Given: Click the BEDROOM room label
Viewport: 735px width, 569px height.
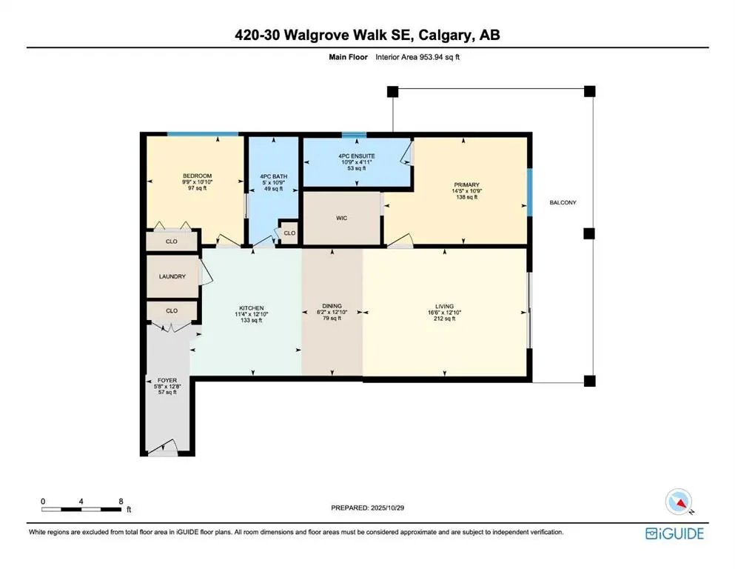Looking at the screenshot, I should pyautogui.click(x=198, y=176).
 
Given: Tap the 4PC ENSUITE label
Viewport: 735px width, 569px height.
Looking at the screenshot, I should pyautogui.click(x=358, y=156).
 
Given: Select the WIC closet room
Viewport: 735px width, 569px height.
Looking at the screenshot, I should pyautogui.click(x=341, y=218).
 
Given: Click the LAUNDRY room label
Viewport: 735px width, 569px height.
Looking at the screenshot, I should pyautogui.click(x=172, y=276).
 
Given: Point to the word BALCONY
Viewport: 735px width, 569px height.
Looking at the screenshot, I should pyautogui.click(x=563, y=202).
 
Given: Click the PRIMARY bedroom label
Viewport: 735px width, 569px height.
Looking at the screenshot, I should pyautogui.click(x=467, y=184).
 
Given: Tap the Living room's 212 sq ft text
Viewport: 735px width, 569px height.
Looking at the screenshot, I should pyautogui.click(x=444, y=319).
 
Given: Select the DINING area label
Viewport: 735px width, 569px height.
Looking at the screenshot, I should pyautogui.click(x=332, y=306).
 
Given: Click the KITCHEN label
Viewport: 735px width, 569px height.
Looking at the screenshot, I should pyautogui.click(x=251, y=308).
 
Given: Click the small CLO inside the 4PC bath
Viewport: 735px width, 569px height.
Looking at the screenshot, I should pyautogui.click(x=289, y=233).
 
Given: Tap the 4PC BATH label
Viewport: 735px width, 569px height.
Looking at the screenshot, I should pyautogui.click(x=273, y=176).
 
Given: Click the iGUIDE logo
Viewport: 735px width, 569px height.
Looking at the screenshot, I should pyautogui.click(x=674, y=533).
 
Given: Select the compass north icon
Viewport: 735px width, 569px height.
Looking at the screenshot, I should pyautogui.click(x=679, y=502).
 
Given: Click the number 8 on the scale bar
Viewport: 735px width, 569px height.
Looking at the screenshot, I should pyautogui.click(x=121, y=501).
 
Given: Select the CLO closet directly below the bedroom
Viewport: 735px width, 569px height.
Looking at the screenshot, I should pyautogui.click(x=171, y=242).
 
